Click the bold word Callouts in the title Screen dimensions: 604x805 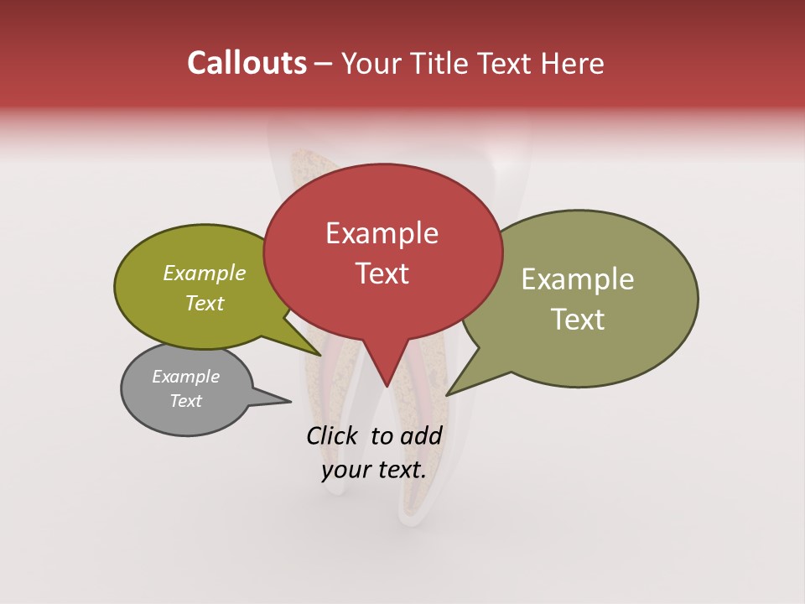[247, 63]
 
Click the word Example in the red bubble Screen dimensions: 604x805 [382, 234]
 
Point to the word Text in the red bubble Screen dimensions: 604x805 [382, 273]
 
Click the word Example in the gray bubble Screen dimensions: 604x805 [185, 377]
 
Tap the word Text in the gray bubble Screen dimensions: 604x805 [185, 401]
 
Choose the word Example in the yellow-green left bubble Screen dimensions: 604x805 [204, 273]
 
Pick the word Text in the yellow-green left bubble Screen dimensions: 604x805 [204, 304]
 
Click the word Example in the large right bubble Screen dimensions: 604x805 [577, 280]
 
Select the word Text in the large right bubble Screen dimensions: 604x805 [577, 320]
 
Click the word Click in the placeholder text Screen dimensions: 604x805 [333, 435]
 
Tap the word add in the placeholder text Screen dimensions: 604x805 [421, 435]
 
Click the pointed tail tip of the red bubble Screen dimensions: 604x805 [387, 387]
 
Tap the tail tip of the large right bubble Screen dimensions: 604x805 [447, 394]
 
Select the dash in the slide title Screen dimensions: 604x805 [324, 64]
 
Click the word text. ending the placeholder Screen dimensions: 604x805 [400, 470]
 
